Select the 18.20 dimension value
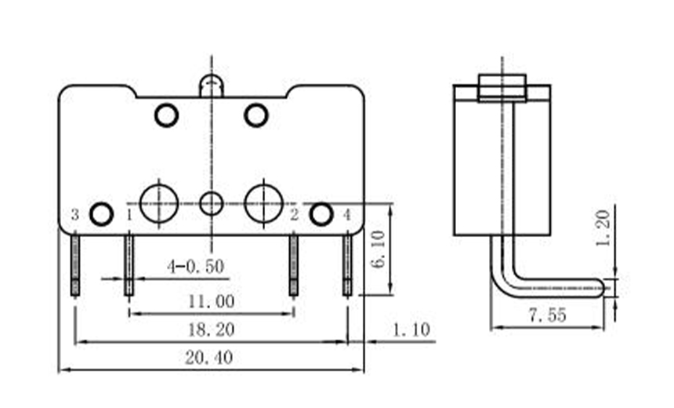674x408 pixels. click(x=209, y=330)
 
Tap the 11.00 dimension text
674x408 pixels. click(x=211, y=301)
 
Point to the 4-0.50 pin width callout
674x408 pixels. click(x=195, y=267)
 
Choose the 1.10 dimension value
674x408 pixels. click(x=411, y=330)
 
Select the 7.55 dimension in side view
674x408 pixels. click(x=548, y=316)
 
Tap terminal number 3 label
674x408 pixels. click(x=74, y=214)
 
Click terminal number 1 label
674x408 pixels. click(x=129, y=214)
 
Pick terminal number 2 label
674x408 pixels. click(x=294, y=214)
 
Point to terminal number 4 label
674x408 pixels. click(x=346, y=214)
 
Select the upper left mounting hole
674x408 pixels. click(x=166, y=115)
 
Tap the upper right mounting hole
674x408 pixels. click(x=256, y=115)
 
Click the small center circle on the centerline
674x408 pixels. click(x=211, y=204)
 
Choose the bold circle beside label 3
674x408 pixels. click(x=100, y=213)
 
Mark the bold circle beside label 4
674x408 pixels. click(x=321, y=213)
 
